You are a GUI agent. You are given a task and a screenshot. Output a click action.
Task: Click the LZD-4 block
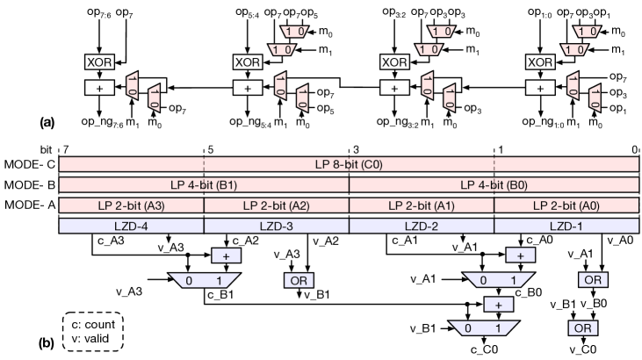131,226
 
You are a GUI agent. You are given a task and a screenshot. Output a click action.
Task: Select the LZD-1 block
566,226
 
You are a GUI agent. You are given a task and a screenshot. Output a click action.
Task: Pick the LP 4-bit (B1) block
204,184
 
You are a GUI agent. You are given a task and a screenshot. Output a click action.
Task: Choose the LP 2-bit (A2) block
276,205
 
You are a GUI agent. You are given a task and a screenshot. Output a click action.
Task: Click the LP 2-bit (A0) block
566,205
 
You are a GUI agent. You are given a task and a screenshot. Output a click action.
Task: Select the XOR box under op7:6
96,61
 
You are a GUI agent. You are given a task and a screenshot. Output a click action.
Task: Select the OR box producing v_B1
294,280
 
